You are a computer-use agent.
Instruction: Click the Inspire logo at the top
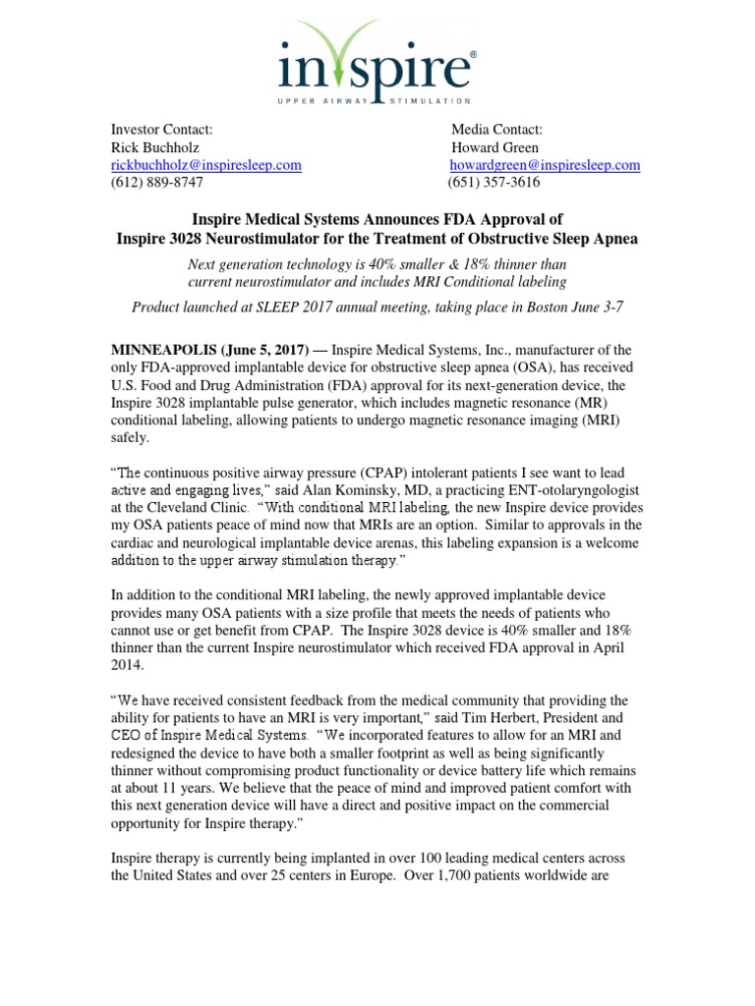click(377, 62)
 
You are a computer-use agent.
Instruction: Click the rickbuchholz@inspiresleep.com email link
click(205, 165)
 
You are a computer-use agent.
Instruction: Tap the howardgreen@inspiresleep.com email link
click(545, 165)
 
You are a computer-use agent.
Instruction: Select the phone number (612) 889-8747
click(157, 183)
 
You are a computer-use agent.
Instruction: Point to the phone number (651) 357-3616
click(494, 183)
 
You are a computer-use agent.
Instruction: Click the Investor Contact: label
click(161, 130)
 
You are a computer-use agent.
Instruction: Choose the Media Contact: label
click(496, 130)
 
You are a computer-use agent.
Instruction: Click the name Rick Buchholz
click(154, 147)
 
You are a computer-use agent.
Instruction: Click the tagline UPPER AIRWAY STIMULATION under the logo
click(377, 100)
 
